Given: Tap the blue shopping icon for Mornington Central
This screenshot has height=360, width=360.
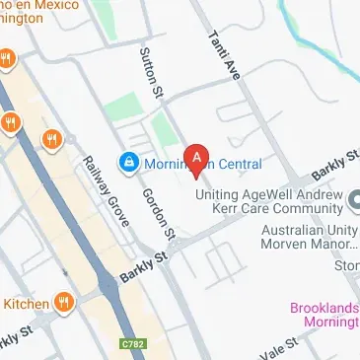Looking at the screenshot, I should click(127, 161).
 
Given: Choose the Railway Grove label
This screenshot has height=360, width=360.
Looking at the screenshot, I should click(106, 191).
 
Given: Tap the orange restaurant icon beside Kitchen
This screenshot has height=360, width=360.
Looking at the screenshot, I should click(65, 302).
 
